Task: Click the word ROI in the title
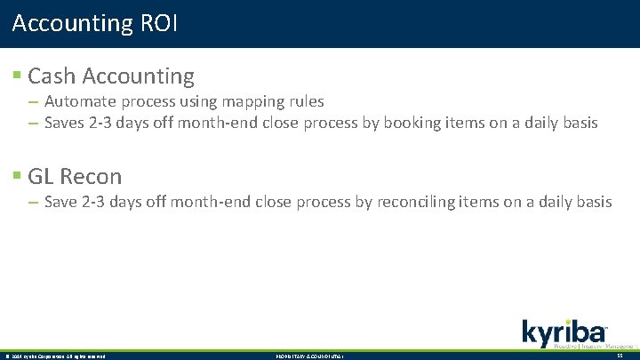160,23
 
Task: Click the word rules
306,101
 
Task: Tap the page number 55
620,356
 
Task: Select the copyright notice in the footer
55,356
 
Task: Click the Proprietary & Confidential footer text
308,356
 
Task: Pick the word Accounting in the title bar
72,23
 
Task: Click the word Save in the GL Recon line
60,202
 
